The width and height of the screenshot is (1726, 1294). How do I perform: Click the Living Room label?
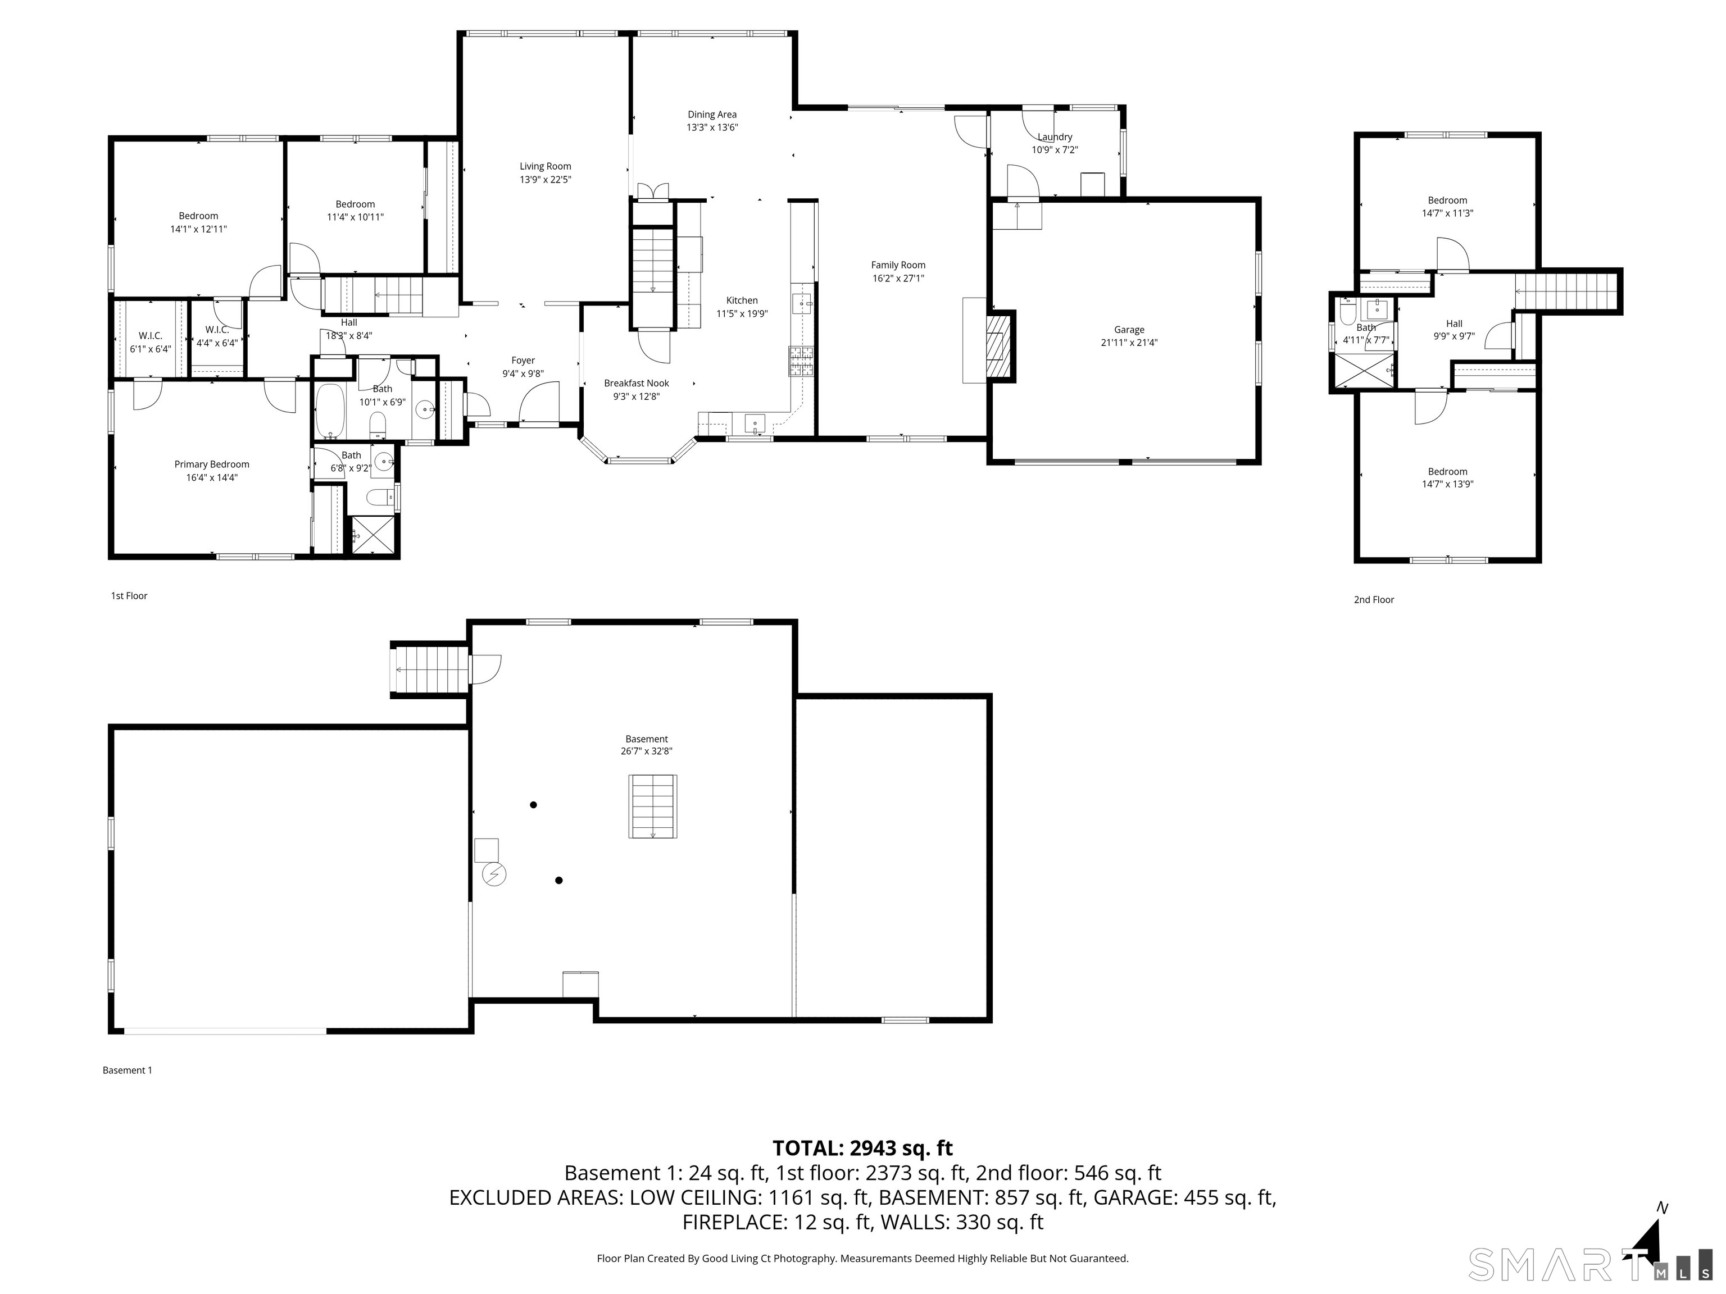[546, 166]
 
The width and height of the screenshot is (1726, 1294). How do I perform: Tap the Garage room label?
[1129, 330]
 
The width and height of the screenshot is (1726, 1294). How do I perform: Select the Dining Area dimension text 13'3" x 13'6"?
[712, 127]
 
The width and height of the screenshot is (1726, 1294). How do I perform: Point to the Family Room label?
[898, 265]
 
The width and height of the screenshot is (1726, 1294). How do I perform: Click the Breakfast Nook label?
[637, 384]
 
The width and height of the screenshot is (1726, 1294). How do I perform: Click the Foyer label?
[523, 361]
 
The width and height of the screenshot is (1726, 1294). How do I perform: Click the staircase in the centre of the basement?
[653, 807]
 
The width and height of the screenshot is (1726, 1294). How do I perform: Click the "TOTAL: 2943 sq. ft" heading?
[862, 1148]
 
